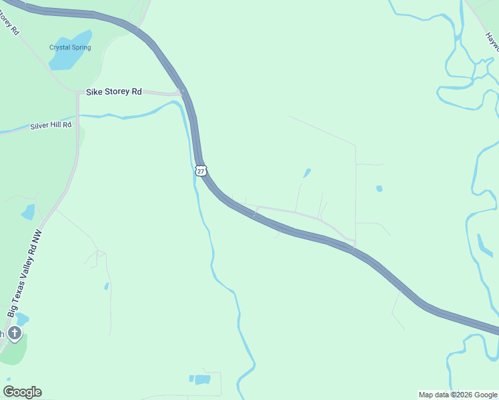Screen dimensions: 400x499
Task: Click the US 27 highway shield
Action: click(201, 171)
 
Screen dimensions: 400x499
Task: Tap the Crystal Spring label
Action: click(70, 47)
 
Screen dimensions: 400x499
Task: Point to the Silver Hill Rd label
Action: click(51, 125)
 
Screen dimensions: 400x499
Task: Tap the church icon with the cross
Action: click(15, 333)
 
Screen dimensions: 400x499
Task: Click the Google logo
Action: click(22, 392)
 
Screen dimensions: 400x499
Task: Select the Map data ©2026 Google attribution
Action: click(457, 395)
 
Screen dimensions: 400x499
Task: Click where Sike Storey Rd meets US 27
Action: click(181, 92)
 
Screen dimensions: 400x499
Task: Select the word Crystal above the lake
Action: click(60, 47)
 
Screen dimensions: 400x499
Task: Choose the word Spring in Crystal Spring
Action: click(81, 47)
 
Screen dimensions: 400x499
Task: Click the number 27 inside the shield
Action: click(201, 171)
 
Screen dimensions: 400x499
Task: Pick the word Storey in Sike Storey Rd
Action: click(117, 92)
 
